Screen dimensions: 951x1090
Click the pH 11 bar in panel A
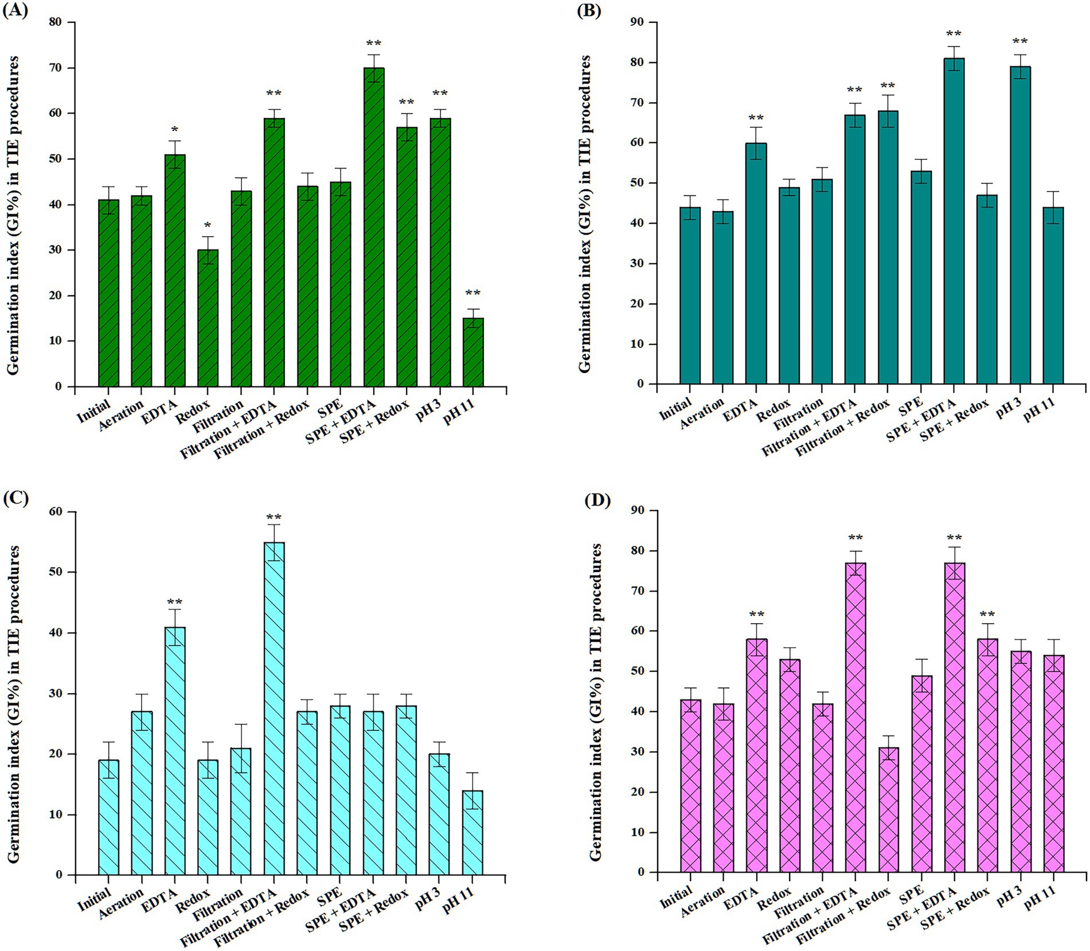[x=473, y=352]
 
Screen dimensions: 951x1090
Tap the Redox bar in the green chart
[x=208, y=318]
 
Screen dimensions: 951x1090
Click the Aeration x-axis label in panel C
[x=122, y=902]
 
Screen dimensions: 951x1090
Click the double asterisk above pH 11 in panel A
[x=473, y=293]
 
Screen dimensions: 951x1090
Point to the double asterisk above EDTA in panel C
[x=175, y=602]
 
